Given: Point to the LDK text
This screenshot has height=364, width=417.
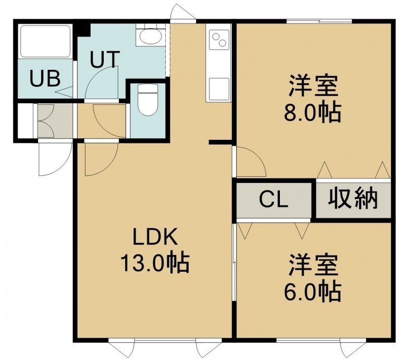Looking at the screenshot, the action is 155,237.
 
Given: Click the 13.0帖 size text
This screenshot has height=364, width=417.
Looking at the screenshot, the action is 155,263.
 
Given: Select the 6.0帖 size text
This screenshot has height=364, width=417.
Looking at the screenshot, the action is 312,292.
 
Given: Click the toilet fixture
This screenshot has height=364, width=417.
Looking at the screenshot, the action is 148,100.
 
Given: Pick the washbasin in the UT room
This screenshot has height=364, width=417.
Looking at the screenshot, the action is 151,37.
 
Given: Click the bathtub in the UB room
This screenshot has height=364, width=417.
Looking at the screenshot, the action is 45,41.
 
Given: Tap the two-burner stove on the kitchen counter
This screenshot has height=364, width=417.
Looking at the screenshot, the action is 219,40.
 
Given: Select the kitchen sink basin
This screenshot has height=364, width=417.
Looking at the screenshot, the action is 219,89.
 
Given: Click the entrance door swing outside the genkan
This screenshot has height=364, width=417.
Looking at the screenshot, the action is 55,159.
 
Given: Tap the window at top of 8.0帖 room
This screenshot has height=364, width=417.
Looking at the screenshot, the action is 319,21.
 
